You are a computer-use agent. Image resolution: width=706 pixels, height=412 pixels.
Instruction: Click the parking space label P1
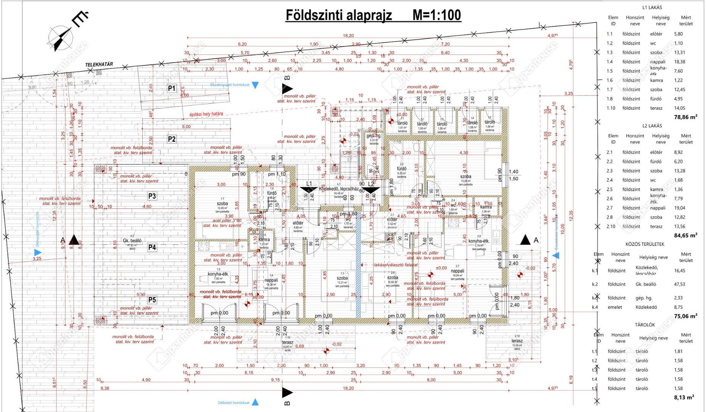172,89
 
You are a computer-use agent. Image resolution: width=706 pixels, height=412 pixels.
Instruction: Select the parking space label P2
172,139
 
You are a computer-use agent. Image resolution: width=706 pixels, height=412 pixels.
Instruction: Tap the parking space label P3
152,196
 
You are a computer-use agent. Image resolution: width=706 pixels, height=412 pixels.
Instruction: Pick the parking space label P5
152,300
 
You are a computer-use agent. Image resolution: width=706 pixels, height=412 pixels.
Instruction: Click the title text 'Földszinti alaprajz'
339,15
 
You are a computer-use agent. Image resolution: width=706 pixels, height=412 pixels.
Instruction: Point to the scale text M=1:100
437,15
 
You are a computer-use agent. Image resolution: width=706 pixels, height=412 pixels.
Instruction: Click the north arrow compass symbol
61,39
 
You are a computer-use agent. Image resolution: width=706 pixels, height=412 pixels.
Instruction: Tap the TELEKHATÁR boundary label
99,64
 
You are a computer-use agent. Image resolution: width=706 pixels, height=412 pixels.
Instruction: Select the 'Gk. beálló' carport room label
132,241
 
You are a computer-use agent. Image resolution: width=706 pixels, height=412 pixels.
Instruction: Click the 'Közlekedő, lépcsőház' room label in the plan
339,189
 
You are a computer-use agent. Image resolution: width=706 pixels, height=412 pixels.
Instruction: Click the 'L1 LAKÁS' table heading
652,7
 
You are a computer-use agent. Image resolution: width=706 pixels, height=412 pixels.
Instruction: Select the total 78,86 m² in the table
685,117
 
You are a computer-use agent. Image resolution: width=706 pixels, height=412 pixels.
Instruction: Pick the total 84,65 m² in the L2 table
685,235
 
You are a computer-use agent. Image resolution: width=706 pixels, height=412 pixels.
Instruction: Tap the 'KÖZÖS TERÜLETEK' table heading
645,244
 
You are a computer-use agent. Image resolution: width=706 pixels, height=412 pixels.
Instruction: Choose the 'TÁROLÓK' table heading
645,325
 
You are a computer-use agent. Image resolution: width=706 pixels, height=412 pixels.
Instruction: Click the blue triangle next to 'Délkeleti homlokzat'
255,402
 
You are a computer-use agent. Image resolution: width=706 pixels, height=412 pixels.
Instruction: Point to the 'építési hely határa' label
206,114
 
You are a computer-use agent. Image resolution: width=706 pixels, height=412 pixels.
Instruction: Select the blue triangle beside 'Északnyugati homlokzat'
255,85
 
